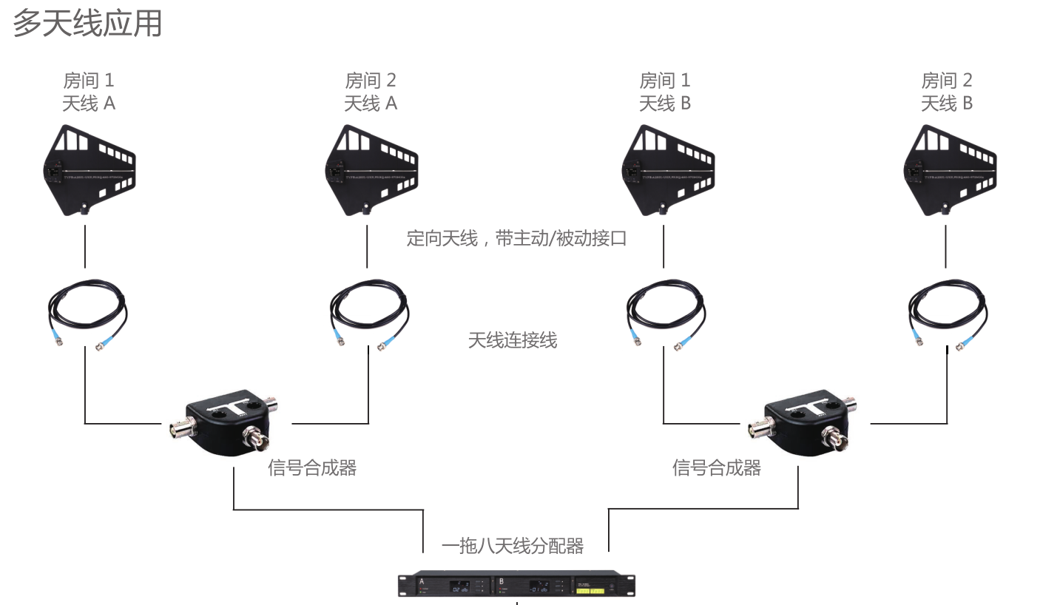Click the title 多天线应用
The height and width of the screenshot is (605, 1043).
click(x=87, y=24)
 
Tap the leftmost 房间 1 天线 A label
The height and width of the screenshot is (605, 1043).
click(x=89, y=92)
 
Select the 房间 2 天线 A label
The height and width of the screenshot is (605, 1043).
click(x=371, y=92)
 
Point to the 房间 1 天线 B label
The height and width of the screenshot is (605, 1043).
click(x=664, y=92)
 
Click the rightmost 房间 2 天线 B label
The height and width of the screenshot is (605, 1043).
click(x=946, y=92)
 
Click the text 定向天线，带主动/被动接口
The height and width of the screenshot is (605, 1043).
click(x=516, y=238)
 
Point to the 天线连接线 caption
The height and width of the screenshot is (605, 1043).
click(x=512, y=340)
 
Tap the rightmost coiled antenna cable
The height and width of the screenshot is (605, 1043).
click(x=947, y=311)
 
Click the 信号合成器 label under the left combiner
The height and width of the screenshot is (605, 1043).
click(x=312, y=467)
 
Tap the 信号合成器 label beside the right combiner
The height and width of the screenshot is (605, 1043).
click(x=716, y=467)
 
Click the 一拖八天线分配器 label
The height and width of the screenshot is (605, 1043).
click(x=513, y=546)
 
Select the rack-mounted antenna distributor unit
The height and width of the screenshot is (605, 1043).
click(x=516, y=584)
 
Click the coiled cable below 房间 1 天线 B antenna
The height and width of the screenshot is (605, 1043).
click(x=664, y=311)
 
